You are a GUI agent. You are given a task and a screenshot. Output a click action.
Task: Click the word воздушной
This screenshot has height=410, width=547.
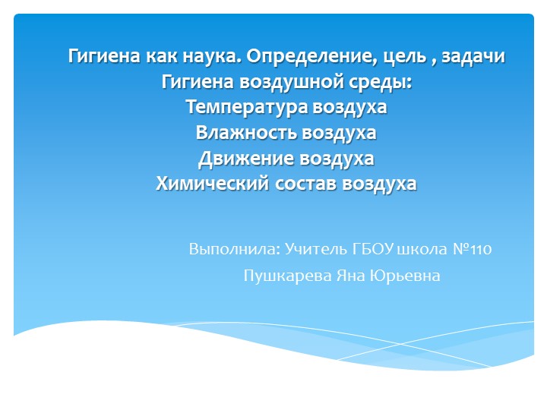pos(290,82)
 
